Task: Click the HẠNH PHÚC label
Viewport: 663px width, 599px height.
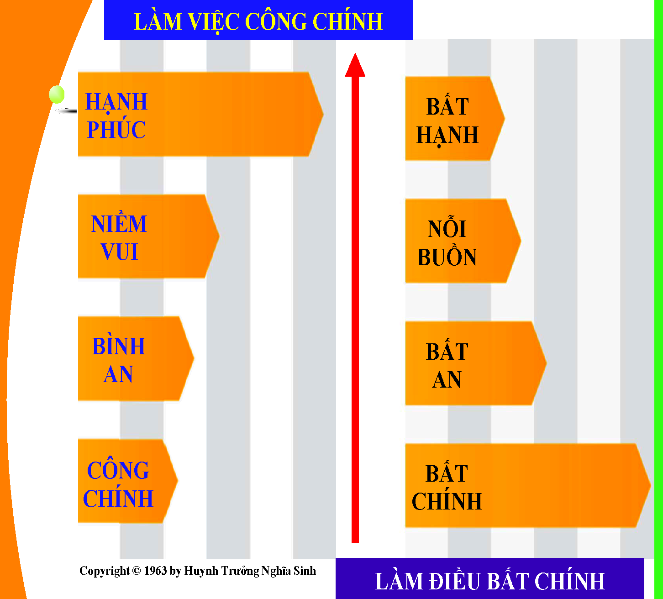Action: pos(116,116)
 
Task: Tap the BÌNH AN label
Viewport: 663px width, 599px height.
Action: pos(119,359)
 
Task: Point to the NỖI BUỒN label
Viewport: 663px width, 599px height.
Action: pos(447,242)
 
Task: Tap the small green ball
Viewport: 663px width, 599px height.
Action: pos(57,94)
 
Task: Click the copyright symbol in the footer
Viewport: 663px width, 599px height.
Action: pos(136,570)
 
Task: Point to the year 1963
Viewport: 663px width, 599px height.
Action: pos(155,570)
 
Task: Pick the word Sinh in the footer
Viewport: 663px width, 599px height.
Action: pos(305,571)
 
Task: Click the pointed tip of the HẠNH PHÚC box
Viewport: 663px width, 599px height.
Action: pos(324,115)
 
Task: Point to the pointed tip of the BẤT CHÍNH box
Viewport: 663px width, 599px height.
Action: pos(650,485)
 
